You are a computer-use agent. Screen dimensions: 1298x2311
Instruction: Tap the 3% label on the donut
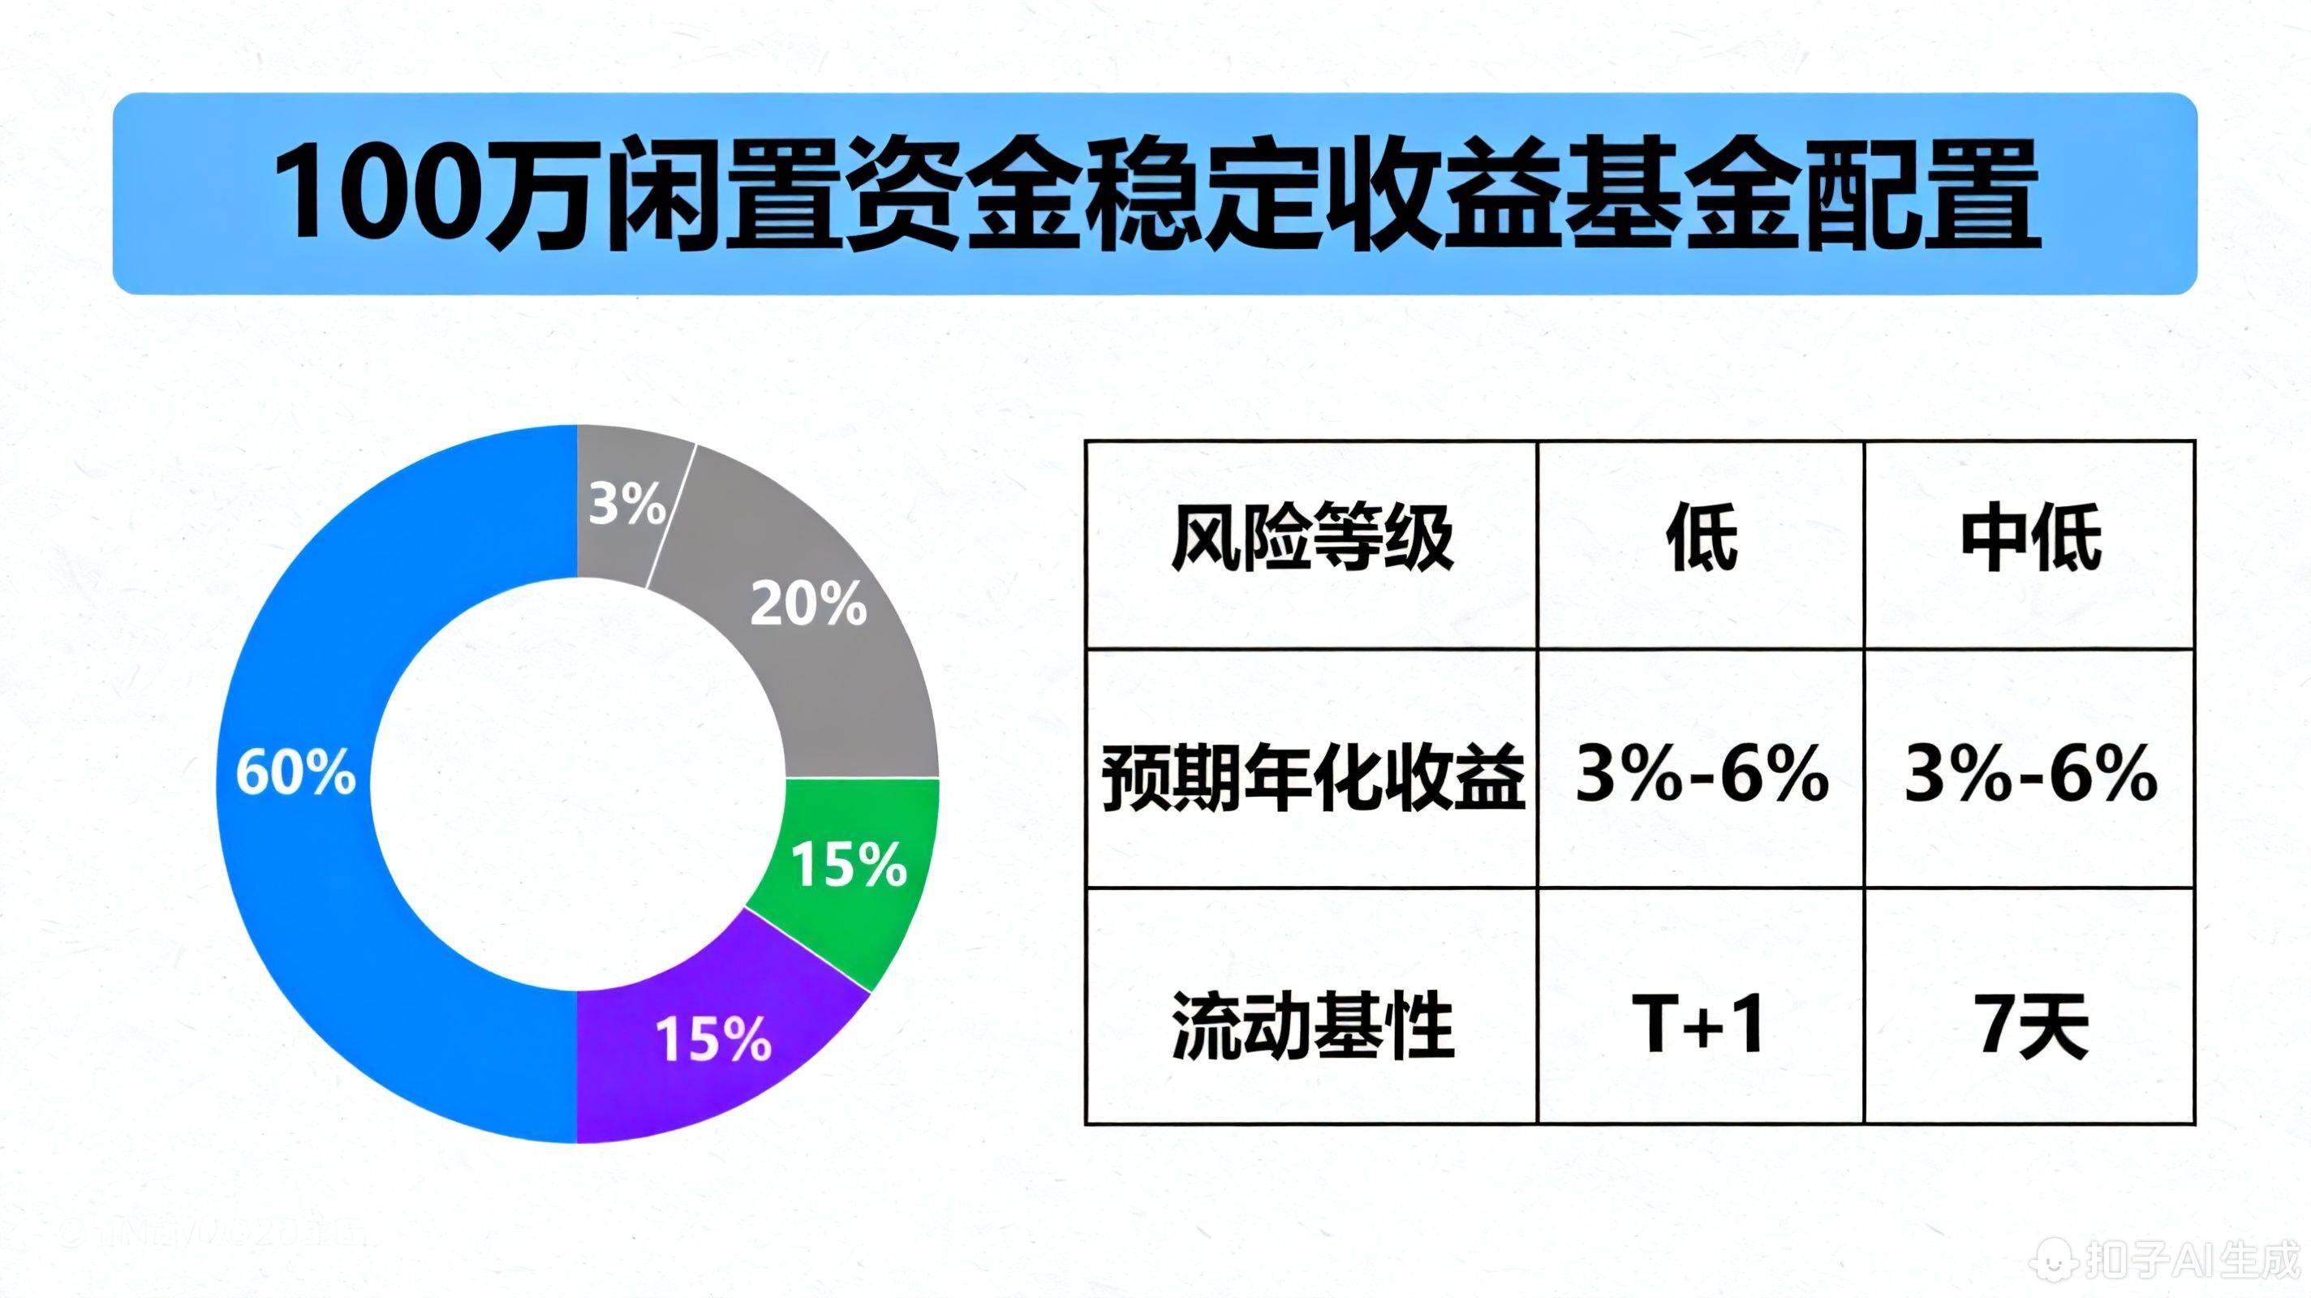click(x=627, y=503)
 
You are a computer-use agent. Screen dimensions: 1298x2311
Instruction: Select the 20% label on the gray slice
click(x=808, y=604)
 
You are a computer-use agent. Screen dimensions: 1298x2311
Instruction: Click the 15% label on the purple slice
click(x=713, y=1038)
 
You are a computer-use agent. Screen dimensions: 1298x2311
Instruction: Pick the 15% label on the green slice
click(x=849, y=865)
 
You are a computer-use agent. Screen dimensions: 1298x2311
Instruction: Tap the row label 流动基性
click(x=1311, y=1025)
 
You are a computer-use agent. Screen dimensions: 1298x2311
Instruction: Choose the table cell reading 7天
click(x=2030, y=1025)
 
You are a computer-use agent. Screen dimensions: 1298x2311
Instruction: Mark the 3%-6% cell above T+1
click(x=1701, y=774)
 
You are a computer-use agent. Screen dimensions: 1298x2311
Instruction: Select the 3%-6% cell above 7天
click(x=2030, y=774)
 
